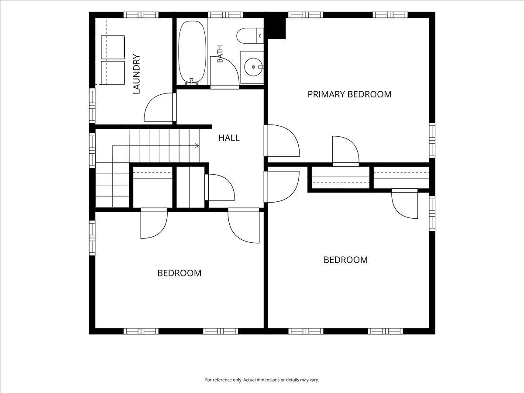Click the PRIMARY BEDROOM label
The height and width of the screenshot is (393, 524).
(349, 94)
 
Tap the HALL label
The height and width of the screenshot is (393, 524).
(229, 138)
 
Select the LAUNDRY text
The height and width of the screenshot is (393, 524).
(136, 74)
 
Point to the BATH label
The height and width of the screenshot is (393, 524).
(220, 54)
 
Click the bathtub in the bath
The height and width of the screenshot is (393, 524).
(192, 52)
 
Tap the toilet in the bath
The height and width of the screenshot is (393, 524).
(250, 36)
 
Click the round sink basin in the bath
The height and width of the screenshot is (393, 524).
(253, 67)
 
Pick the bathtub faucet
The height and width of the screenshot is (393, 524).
(191, 82)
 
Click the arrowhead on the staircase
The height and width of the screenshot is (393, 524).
(196, 145)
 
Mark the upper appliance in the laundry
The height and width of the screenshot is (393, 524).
(113, 47)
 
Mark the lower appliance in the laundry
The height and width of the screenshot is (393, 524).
(113, 73)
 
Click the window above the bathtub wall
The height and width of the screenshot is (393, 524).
(225, 15)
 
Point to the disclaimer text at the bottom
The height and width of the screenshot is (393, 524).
(262, 379)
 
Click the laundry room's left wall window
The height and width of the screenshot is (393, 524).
(92, 106)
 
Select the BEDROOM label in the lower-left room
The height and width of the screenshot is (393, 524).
(179, 273)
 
